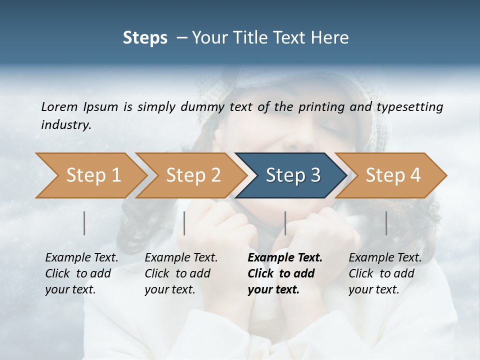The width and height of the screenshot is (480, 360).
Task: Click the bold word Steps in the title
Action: point(145,38)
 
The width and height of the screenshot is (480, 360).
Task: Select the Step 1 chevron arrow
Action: point(90,175)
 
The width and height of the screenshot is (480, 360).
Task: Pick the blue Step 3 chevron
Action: point(292,175)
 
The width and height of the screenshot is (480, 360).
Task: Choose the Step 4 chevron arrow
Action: point(392,175)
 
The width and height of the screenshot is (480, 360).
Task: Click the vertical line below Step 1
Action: point(84,223)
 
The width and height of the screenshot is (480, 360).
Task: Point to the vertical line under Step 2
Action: point(184,223)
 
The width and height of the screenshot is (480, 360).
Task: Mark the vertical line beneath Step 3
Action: point(285,223)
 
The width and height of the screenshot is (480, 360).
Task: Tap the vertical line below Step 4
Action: point(386,223)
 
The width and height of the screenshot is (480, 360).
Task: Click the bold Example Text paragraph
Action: point(284,273)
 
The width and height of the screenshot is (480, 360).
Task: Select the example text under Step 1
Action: point(81,273)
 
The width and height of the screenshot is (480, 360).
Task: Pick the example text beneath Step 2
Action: point(180,273)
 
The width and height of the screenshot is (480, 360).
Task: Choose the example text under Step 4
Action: point(384,273)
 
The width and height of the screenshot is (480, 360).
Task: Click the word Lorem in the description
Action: point(59,106)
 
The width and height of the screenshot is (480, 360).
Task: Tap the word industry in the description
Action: point(65,125)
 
